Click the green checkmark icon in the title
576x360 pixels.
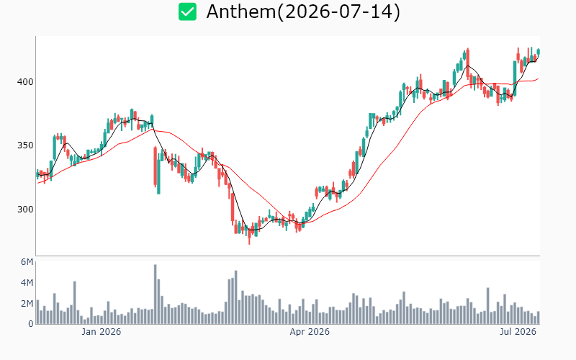click(x=187, y=12)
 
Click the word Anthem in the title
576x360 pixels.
click(x=241, y=12)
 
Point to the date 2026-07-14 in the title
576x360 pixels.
click(x=338, y=12)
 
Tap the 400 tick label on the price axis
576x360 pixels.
click(x=25, y=81)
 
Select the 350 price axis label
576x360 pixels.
click(x=25, y=145)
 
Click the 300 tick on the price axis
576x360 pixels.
click(x=25, y=210)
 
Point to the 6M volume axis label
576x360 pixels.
click(x=27, y=262)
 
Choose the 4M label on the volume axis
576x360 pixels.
click(x=27, y=282)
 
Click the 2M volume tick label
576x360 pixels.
click(x=27, y=303)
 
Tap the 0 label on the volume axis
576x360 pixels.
click(x=31, y=323)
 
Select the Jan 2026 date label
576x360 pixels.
click(x=101, y=332)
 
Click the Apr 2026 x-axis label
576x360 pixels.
click(x=310, y=332)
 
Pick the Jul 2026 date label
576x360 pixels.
click(x=518, y=332)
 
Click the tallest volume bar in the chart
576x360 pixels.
click(x=155, y=294)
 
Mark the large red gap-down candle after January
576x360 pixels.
click(x=155, y=167)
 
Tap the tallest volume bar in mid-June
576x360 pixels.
click(x=488, y=305)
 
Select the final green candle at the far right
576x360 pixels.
click(x=539, y=52)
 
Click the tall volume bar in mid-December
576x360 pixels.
click(x=75, y=302)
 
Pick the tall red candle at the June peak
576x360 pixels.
click(x=467, y=63)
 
